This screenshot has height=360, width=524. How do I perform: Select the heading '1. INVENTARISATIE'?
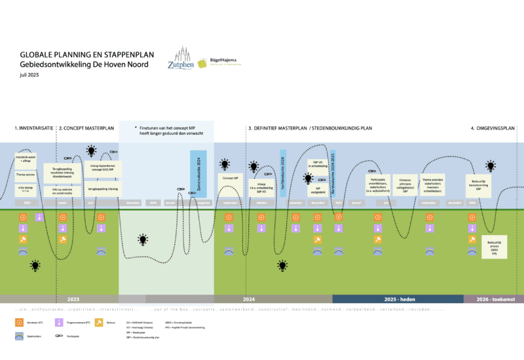click(x=34, y=128)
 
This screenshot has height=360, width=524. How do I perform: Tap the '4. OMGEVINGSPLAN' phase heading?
click(x=493, y=128)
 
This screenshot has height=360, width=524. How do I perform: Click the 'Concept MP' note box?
click(x=230, y=177)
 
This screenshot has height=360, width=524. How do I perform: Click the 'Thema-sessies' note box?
click(x=26, y=175)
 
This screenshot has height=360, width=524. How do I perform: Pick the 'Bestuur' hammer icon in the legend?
click(x=99, y=322)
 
